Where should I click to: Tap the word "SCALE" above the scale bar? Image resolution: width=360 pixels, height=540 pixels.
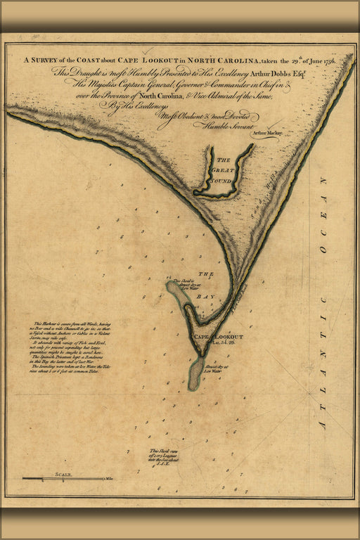[x=63, y=475]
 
